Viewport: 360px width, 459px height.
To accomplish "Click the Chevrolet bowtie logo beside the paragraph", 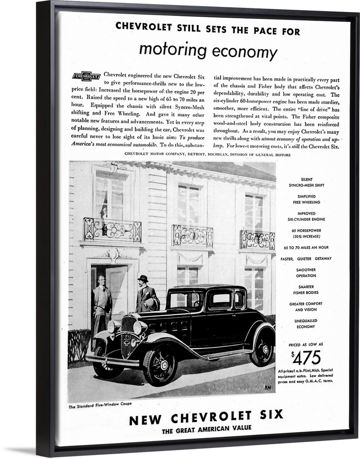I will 86,76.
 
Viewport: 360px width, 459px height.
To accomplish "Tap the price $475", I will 306,357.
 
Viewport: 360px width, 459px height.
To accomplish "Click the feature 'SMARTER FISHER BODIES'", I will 306,289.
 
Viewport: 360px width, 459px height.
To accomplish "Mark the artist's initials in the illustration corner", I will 268,387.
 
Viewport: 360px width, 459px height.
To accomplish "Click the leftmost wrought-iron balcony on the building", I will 112,229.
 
